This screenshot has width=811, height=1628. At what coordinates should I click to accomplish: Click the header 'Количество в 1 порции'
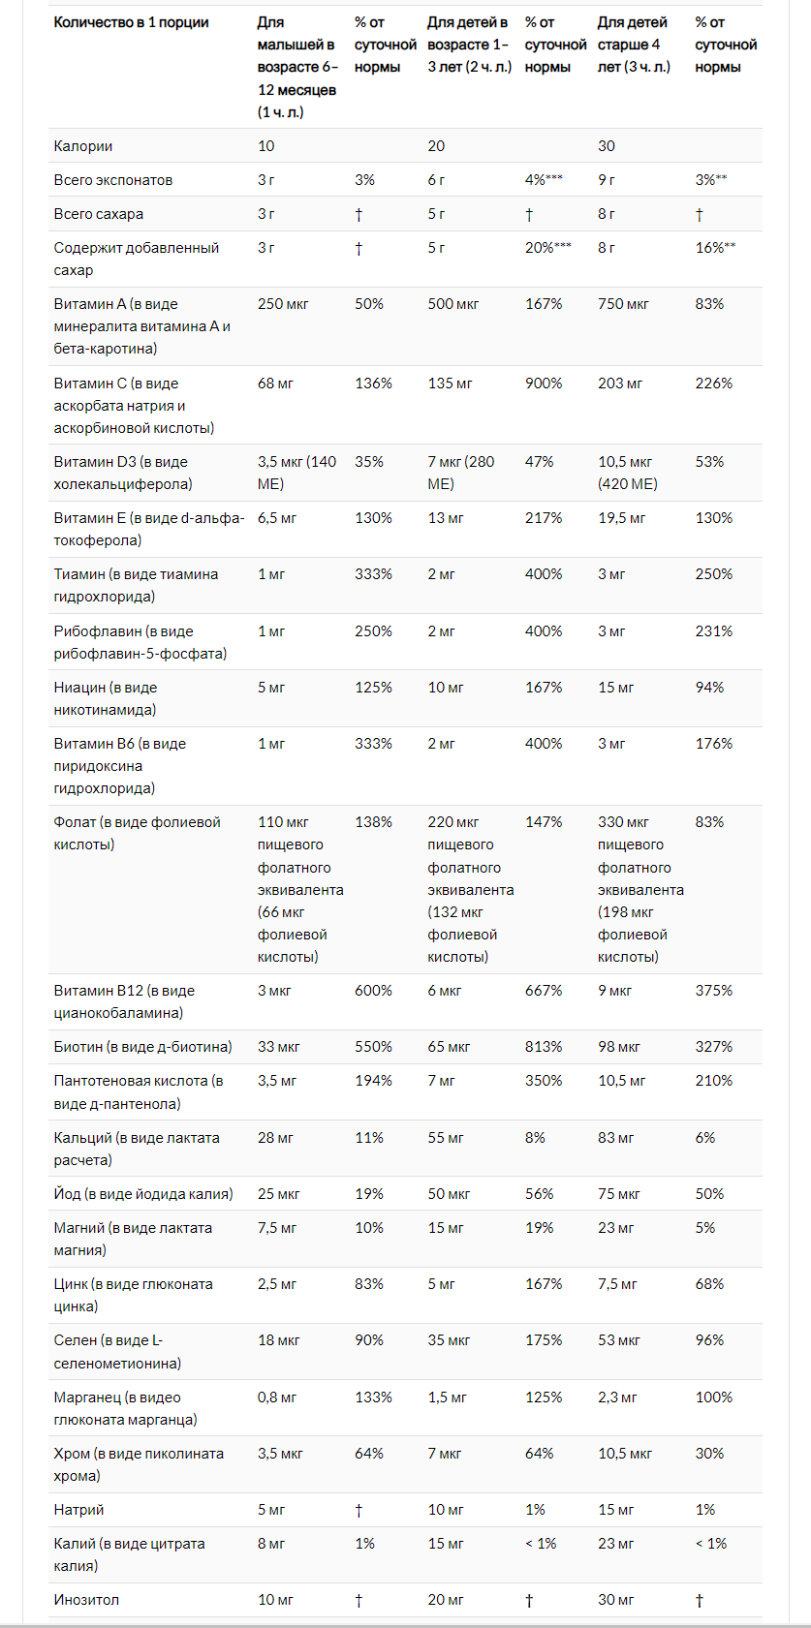coord(131,22)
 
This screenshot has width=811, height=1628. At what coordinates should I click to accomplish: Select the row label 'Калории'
coord(83,146)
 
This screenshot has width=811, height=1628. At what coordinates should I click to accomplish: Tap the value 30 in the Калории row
coord(607,146)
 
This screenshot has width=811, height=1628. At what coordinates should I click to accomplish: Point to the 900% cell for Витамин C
coord(544,384)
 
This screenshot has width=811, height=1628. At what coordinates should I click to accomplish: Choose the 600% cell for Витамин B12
coord(373,991)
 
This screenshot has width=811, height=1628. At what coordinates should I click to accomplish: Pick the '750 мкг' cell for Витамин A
coord(623,304)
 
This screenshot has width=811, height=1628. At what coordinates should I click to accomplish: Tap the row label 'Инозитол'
coord(86,1600)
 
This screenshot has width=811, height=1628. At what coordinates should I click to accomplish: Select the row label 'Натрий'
coord(78,1510)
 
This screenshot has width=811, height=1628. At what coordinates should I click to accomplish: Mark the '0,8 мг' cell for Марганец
coord(277,1398)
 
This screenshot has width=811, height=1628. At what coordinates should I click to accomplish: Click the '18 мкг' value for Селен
coord(279,1340)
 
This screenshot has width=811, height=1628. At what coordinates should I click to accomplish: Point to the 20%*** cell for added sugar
coord(548,248)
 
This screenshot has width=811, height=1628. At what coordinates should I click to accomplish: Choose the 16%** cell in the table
coord(715,248)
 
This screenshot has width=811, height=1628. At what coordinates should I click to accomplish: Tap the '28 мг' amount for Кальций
coord(275,1138)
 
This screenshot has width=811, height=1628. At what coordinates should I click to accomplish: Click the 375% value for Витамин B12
coord(714,991)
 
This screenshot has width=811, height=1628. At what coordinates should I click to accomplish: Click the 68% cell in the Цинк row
coord(709,1284)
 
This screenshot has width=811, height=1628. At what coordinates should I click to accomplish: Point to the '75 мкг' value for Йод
coord(619,1194)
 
